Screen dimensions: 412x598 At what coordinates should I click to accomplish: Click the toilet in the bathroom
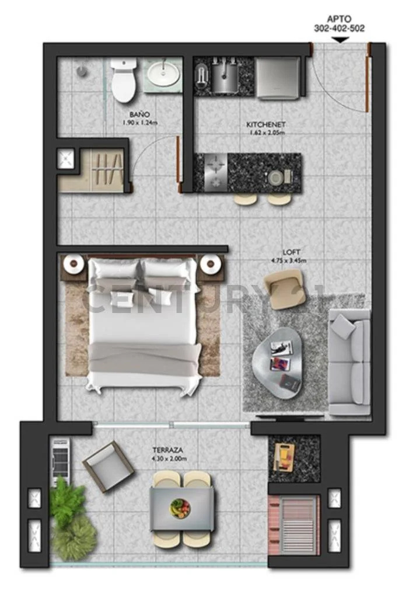pyautogui.click(x=124, y=79)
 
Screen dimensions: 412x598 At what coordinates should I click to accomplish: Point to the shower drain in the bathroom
pyautogui.click(x=82, y=71)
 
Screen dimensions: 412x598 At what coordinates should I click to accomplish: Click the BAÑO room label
pyautogui.click(x=139, y=114)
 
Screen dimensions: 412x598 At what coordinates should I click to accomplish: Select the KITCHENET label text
pyautogui.click(x=266, y=125)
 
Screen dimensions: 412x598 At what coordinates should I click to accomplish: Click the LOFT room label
pyautogui.click(x=292, y=252)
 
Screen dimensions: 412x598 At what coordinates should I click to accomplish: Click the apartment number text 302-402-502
pyautogui.click(x=339, y=28)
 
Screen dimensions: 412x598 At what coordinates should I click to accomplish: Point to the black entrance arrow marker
pyautogui.click(x=340, y=40)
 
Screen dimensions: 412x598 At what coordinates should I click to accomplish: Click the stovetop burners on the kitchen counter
pyautogui.click(x=216, y=173)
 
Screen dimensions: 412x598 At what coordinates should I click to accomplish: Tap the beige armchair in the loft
pyautogui.click(x=284, y=288)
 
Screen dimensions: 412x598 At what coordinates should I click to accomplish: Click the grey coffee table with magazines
pyautogui.click(x=277, y=363)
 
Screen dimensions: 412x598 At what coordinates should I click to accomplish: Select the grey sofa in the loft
pyautogui.click(x=350, y=362)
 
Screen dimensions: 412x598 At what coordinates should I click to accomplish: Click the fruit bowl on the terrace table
pyautogui.click(x=180, y=507)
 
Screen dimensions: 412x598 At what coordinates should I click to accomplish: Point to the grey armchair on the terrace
pyautogui.click(x=108, y=467)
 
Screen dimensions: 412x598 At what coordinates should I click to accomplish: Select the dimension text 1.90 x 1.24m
pyautogui.click(x=139, y=123)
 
